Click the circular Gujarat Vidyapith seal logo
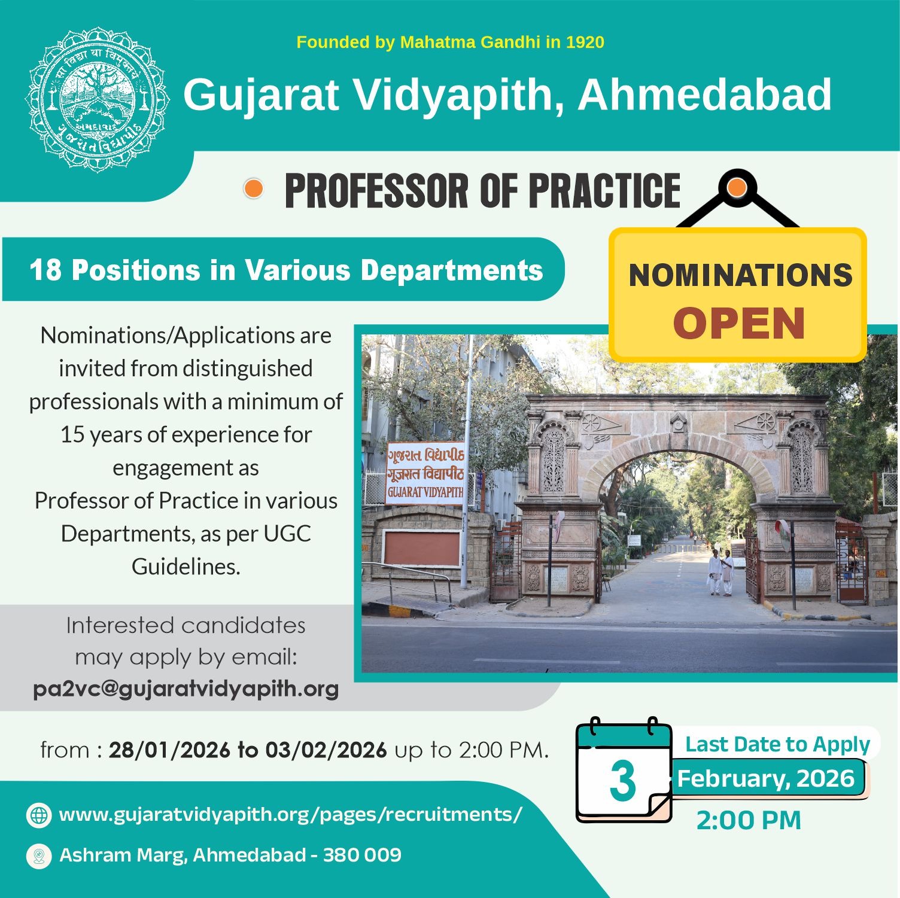97,99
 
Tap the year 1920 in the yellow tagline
585,42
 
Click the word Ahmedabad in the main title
704,95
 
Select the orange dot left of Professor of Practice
254,189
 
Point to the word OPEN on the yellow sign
739,324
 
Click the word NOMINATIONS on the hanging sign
740,275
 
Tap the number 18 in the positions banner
45,270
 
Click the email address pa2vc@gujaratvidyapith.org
186,689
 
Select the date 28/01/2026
169,750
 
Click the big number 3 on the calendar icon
622,781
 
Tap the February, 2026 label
766,778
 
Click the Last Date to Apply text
777,744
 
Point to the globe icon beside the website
39,815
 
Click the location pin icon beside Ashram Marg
39,856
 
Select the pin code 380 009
362,855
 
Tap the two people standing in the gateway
720,573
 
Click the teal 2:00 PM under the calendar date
749,820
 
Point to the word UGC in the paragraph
287,534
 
